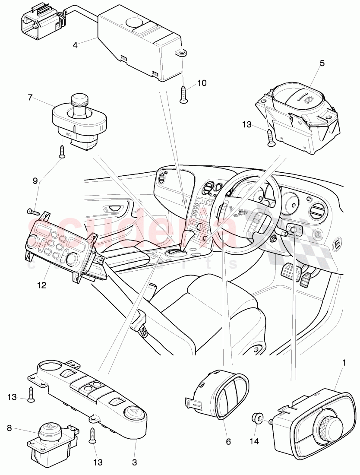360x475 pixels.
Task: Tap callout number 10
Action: (202, 83)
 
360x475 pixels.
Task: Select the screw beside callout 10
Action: (183, 94)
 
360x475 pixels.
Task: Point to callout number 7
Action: (30, 98)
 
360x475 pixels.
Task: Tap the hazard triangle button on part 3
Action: (131, 412)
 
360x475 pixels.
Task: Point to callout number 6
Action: (228, 442)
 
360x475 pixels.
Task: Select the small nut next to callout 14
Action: (256, 418)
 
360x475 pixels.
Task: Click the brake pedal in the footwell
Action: (290, 272)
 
